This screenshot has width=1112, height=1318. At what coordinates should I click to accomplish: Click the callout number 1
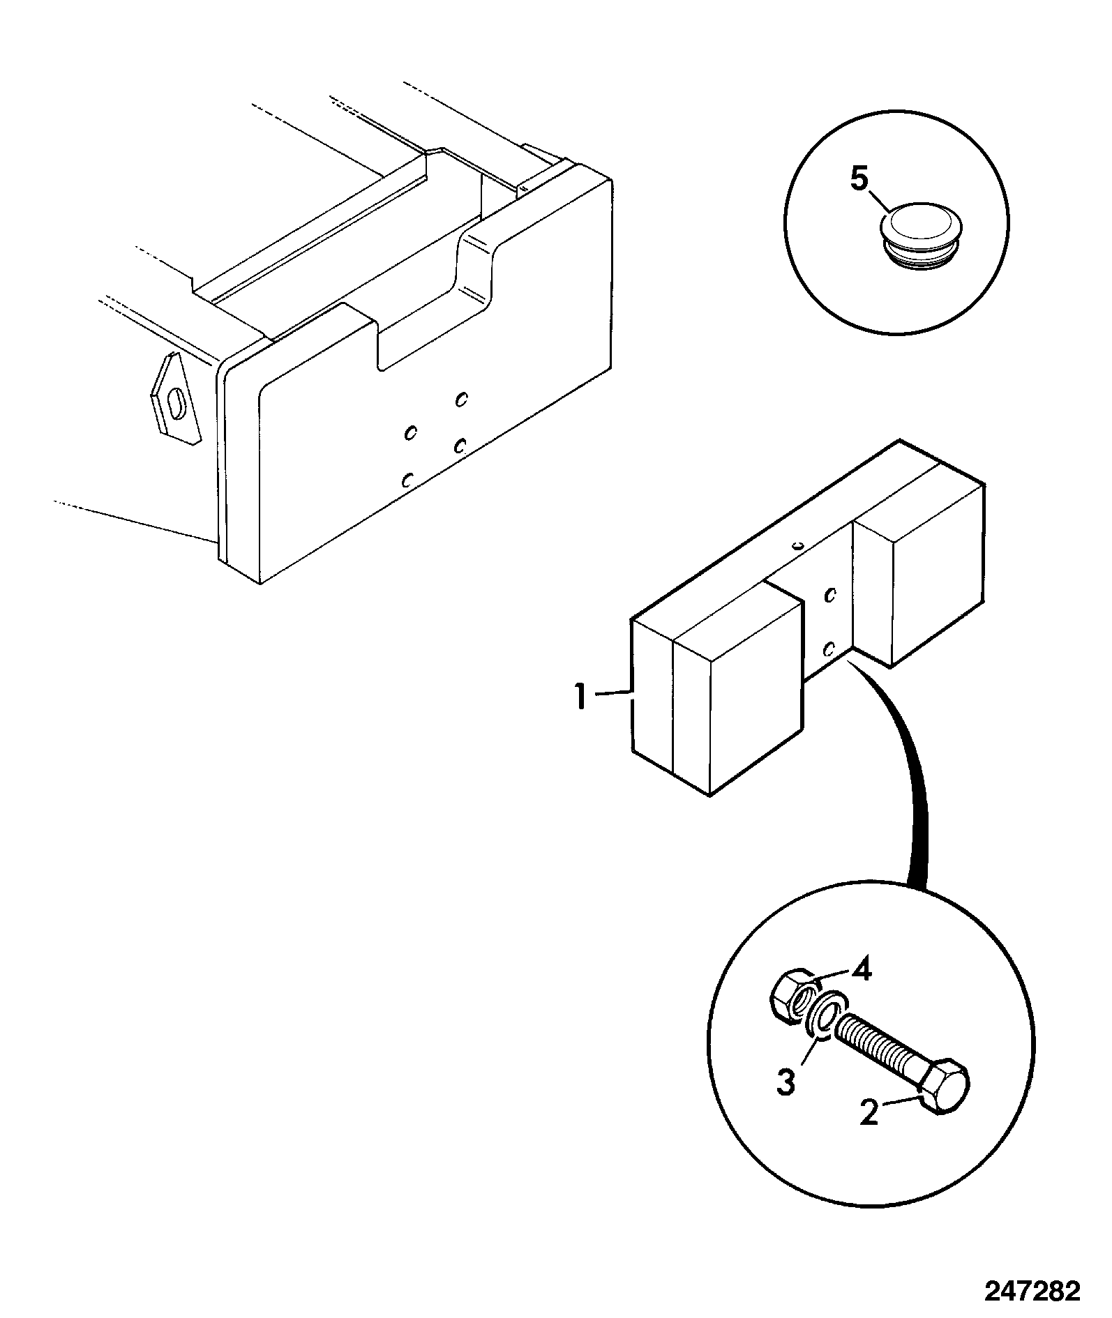tap(580, 697)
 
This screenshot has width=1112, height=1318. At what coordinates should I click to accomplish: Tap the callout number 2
tap(869, 1113)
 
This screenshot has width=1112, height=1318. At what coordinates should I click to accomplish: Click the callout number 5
tap(859, 180)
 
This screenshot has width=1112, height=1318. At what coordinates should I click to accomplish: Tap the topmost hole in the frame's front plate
tap(460, 399)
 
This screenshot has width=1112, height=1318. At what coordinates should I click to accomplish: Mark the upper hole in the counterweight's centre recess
tap(830, 595)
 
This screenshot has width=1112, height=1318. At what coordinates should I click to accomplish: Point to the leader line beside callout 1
tap(613, 693)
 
